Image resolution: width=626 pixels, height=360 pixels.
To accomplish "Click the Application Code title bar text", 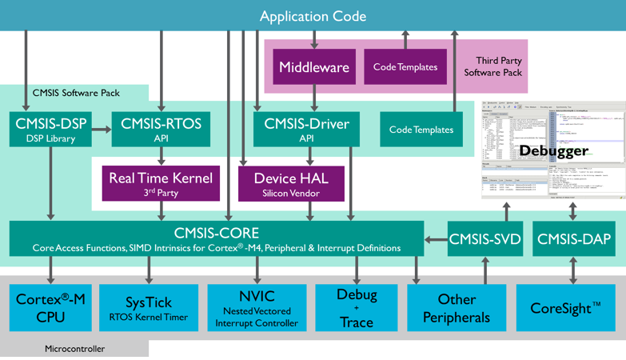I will click(x=313, y=16).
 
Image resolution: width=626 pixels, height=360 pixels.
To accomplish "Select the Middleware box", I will click(x=313, y=67).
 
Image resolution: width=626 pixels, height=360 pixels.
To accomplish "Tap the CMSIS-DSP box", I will click(x=51, y=129).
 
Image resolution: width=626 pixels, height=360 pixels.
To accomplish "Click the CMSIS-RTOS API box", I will click(x=161, y=129).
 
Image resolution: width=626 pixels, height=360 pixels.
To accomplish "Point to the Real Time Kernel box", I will click(x=149, y=182).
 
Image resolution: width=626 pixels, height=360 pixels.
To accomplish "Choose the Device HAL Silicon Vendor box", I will click(x=291, y=182).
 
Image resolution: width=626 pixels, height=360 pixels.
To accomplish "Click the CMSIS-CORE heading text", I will click(x=217, y=233).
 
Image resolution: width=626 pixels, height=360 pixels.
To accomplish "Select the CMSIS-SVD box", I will click(x=485, y=238).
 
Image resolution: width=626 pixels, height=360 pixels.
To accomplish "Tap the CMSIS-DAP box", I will click(x=573, y=238).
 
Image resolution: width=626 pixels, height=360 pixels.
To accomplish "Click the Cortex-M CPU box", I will click(x=51, y=307).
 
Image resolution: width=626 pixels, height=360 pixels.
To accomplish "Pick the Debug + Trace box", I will click(x=357, y=307).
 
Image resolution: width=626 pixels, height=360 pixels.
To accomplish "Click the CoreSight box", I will click(x=565, y=307).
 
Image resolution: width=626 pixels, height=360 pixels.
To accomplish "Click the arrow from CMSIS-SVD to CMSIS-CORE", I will click(x=436, y=238).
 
